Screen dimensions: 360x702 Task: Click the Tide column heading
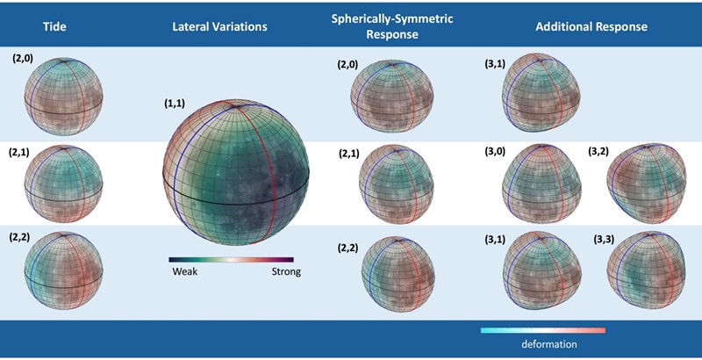pyautogui.click(x=55, y=27)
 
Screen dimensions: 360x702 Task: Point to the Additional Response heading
pyautogui.click(x=591, y=27)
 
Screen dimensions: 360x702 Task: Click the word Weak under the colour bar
pyautogui.click(x=183, y=272)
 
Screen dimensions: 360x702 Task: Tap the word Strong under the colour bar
pyautogui.click(x=286, y=272)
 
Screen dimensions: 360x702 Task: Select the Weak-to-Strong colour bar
pyautogui.click(x=234, y=259)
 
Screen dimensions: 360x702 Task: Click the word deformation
pyautogui.click(x=545, y=345)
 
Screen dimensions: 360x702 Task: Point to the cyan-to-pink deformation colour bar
pyautogui.click(x=543, y=330)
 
